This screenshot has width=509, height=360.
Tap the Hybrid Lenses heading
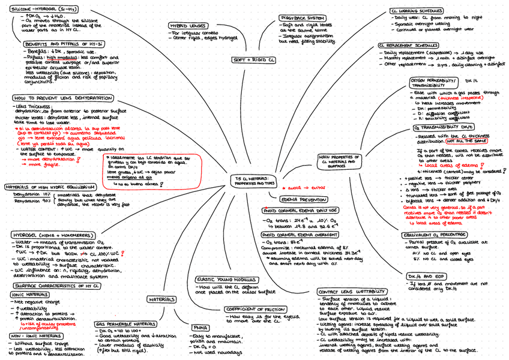[x=185, y=26]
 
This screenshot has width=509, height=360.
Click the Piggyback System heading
[x=303, y=18]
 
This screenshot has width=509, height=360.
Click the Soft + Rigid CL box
[x=253, y=61]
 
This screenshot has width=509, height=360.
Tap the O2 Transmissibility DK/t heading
[x=443, y=127]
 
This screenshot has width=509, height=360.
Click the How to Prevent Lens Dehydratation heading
[x=62, y=98]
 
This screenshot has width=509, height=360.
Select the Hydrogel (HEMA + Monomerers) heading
[x=53, y=235]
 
